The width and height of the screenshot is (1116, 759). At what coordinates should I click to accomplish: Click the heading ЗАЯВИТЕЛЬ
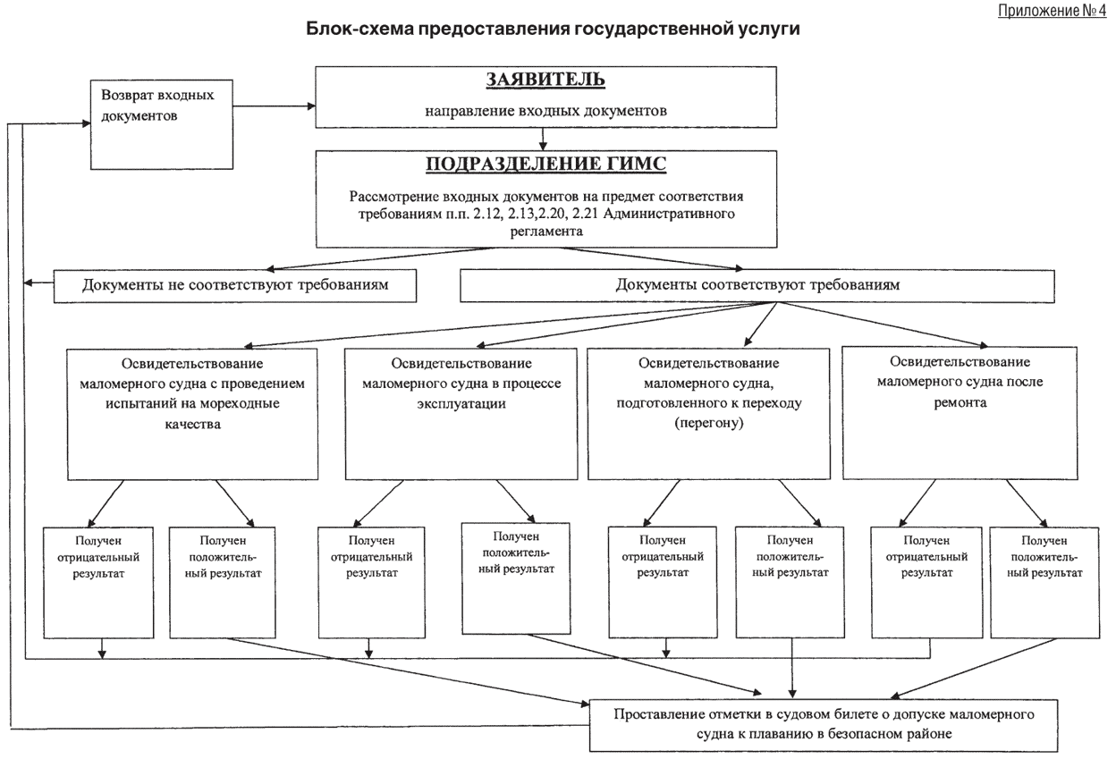545,80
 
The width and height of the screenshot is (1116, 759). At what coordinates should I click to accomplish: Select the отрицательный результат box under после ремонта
926,581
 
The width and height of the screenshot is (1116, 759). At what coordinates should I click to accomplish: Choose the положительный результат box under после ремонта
1044,581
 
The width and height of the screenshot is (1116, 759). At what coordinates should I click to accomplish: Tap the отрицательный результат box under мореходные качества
99,581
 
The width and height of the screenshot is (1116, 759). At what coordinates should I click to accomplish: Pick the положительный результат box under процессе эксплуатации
516,577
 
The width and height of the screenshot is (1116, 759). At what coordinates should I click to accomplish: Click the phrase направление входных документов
545,111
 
